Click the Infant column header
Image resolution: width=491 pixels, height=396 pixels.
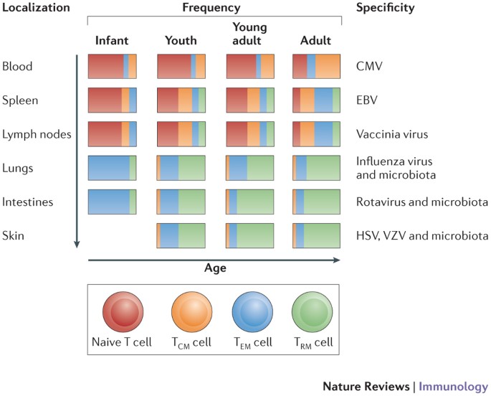(x=112, y=40)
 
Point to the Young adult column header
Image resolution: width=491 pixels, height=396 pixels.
(x=249, y=34)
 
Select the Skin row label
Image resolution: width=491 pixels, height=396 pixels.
(x=14, y=235)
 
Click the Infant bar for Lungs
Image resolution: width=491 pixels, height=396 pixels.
(x=112, y=167)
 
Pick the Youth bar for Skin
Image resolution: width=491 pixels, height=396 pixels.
(x=181, y=235)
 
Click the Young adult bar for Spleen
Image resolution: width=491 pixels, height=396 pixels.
(x=249, y=99)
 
